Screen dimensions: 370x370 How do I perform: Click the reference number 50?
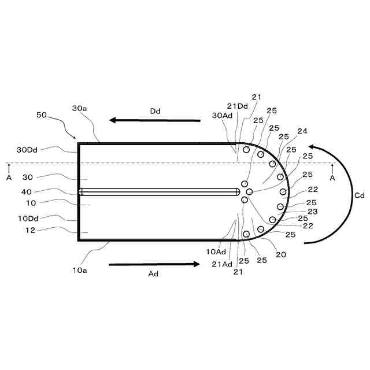click(41, 115)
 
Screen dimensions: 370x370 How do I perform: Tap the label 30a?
click(79, 108)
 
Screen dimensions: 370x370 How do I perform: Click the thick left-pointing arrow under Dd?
click(155, 120)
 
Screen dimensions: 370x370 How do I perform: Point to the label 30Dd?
click(28, 149)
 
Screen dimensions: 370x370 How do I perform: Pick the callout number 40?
click(27, 191)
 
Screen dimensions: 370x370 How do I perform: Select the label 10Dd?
click(28, 219)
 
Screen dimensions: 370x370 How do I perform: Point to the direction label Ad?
click(153, 275)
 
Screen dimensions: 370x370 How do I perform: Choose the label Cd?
click(359, 195)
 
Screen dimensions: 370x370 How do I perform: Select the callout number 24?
click(302, 131)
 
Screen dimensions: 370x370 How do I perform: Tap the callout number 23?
click(312, 212)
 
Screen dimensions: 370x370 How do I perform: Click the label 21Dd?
click(237, 106)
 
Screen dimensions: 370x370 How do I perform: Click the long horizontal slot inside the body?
click(159, 191)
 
